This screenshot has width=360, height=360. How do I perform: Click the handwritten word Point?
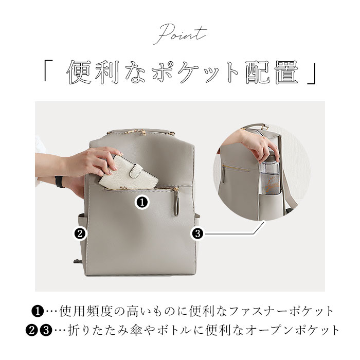tap(180, 34)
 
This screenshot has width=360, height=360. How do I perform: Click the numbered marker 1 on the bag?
tap(142, 202)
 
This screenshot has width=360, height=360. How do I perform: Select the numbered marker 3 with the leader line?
tap(197, 233)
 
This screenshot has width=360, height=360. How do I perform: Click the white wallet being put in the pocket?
tap(129, 172)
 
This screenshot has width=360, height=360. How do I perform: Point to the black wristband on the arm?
tap(59, 182)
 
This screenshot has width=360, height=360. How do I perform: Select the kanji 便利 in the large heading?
tap(93, 73)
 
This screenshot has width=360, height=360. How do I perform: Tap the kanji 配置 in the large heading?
tap(272, 73)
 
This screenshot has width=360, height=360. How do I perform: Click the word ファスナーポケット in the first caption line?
tap(281, 311)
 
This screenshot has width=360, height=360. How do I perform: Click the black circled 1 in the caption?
tap(37, 312)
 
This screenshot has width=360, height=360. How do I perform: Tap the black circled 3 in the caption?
tap(46, 331)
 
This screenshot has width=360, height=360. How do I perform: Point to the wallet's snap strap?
tap(138, 171)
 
